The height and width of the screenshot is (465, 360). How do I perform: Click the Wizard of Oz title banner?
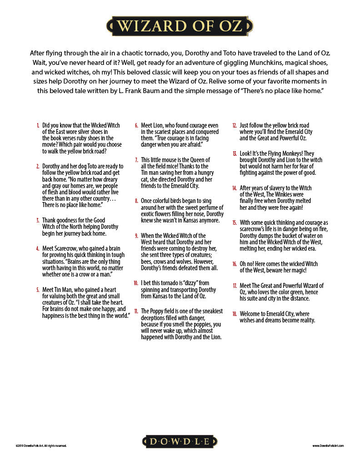click(180, 26)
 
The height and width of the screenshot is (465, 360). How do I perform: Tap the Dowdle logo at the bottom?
click(180, 441)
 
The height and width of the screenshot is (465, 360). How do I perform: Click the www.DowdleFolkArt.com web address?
click(328, 446)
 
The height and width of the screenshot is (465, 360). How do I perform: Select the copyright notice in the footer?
click(41, 446)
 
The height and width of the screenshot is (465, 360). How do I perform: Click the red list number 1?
click(38, 125)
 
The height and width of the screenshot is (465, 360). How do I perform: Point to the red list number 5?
click(38, 290)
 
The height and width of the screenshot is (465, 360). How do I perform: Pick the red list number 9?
click(136, 236)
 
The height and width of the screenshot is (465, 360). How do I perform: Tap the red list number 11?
click(136, 311)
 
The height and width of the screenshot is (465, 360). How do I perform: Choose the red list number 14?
click(235, 188)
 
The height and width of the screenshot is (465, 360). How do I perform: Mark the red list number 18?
click(235, 314)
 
